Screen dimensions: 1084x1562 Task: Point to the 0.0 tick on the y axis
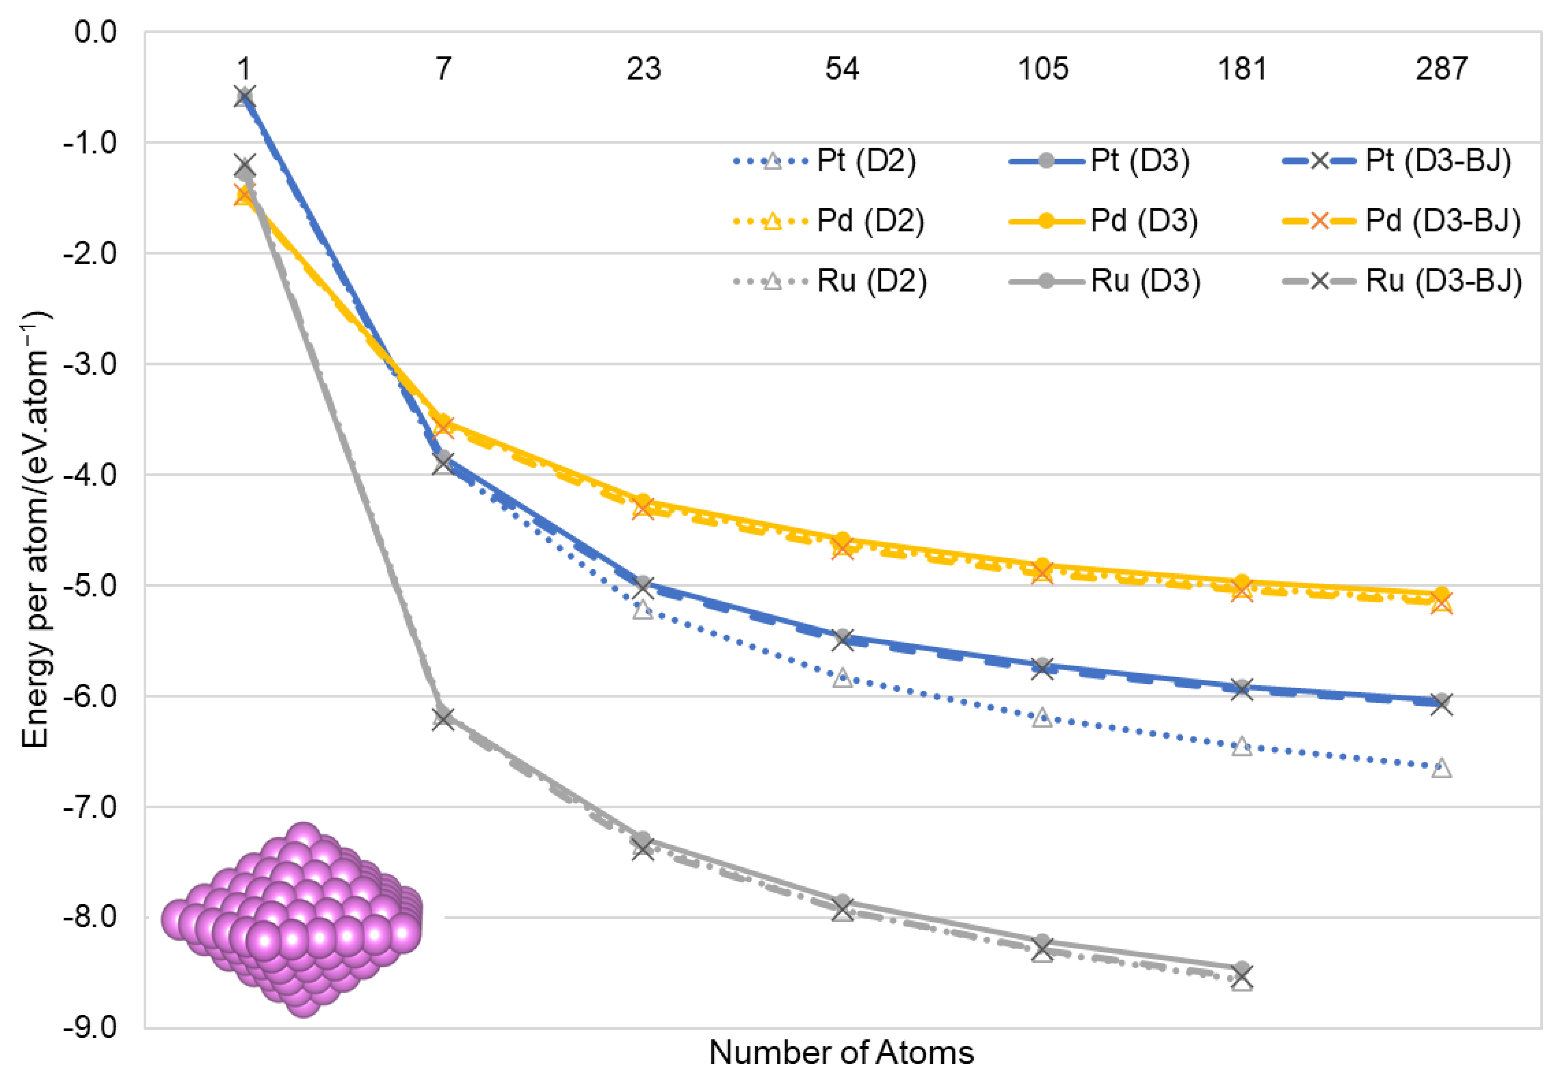(x=95, y=32)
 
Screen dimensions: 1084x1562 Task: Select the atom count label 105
(x=1042, y=69)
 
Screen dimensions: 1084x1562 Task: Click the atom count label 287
(x=1441, y=69)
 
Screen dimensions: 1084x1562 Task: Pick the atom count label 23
(x=643, y=69)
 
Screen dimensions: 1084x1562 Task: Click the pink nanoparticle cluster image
(x=292, y=920)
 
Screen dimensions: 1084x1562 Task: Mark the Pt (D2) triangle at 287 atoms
(x=1441, y=768)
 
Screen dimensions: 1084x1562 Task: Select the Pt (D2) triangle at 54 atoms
(x=843, y=677)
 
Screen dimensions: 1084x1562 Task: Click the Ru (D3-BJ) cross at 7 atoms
(x=444, y=718)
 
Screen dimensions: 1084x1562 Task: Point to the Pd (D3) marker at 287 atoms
(x=1441, y=594)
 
